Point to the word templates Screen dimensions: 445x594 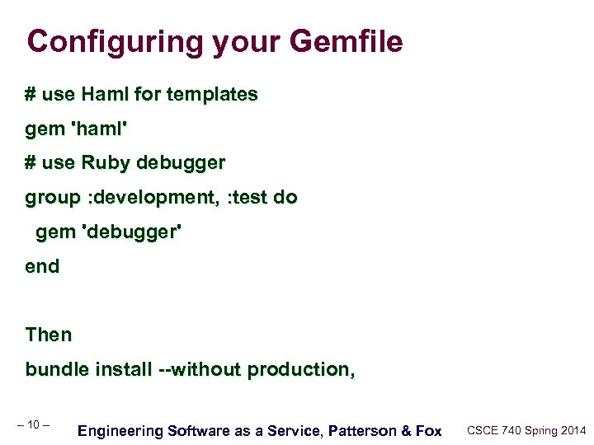212,95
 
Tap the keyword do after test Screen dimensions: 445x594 285,198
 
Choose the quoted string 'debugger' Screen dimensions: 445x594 130,232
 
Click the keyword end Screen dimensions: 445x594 42,266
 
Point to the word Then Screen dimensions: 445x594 49,335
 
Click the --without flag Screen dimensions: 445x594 200,369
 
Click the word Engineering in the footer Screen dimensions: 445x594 120,430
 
